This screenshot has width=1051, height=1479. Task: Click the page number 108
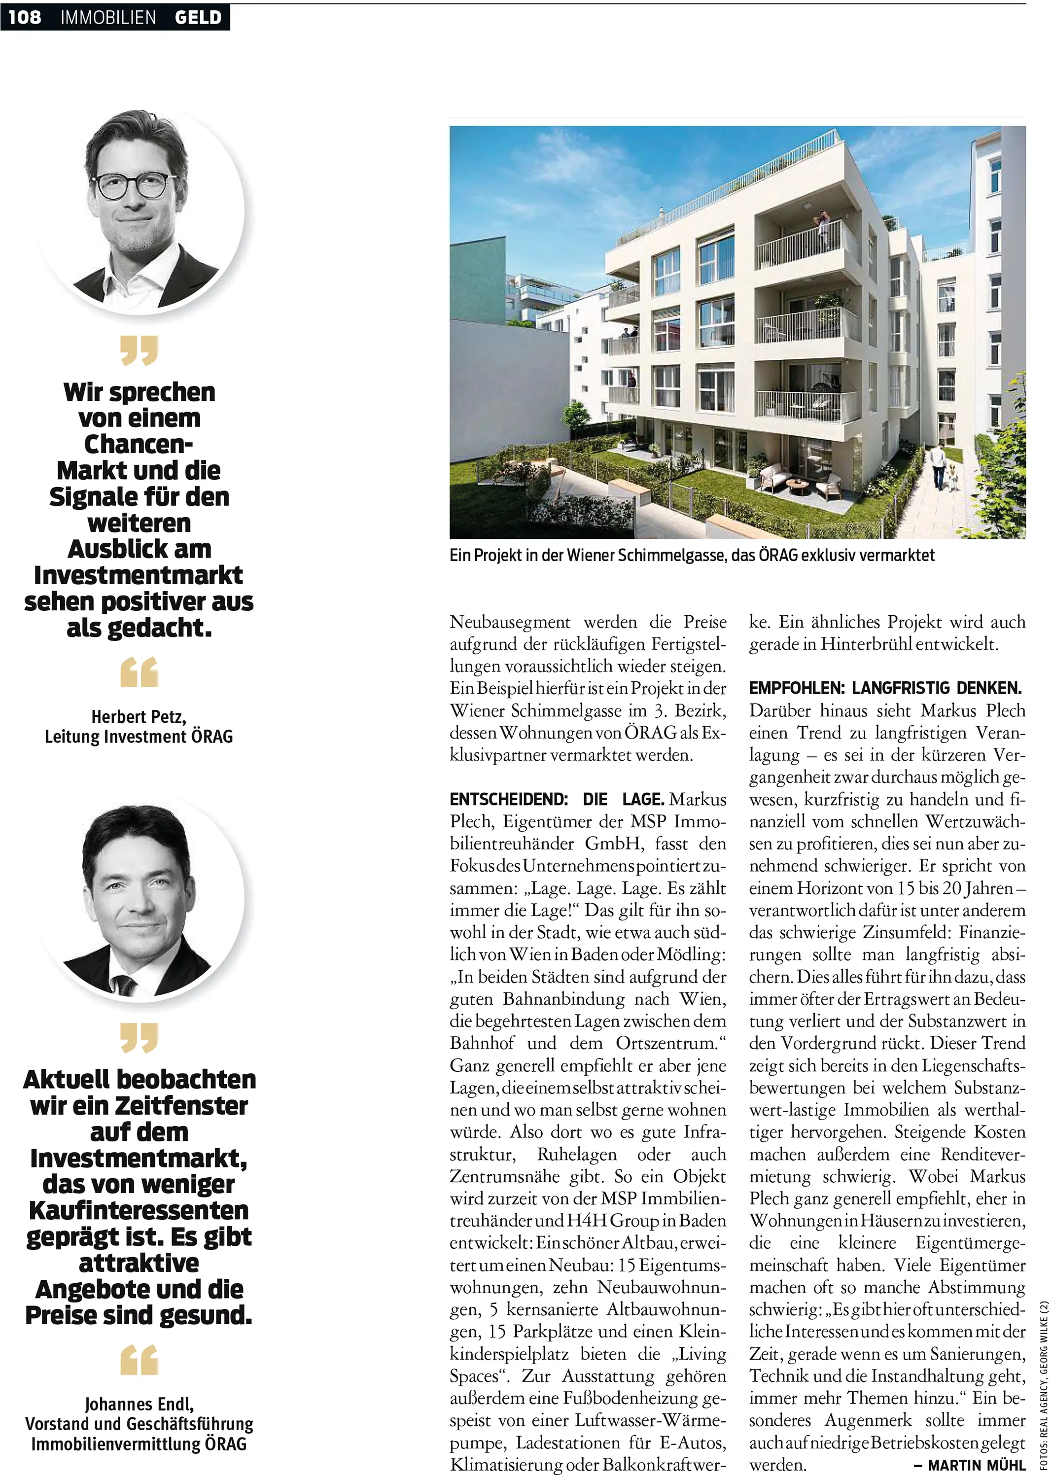(x=25, y=17)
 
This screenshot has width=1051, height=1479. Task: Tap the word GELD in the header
(x=198, y=17)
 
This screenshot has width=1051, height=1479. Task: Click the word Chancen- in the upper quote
(x=139, y=445)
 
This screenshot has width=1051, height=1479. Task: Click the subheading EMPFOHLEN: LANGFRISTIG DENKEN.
(x=885, y=688)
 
